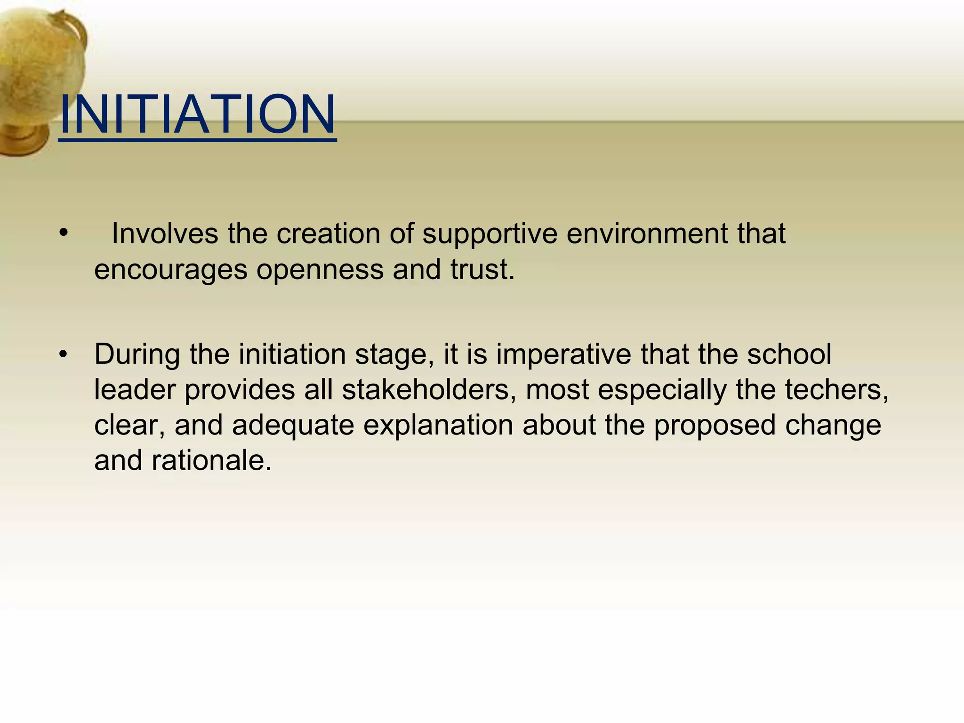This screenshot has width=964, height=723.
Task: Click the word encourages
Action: click(170, 270)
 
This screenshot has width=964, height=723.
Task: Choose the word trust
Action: click(482, 269)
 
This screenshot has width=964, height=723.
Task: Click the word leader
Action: click(135, 390)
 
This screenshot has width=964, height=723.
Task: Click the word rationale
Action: click(212, 460)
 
